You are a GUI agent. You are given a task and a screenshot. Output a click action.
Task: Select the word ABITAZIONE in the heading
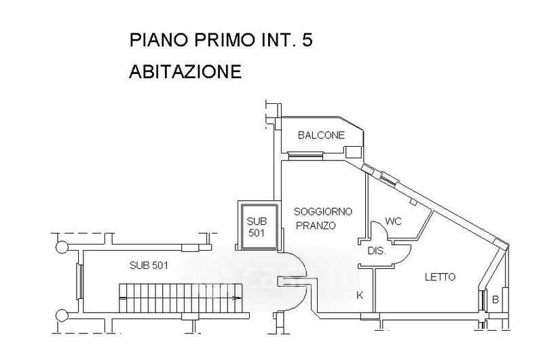click(185, 71)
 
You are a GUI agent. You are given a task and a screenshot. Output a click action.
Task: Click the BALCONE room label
click(321, 135)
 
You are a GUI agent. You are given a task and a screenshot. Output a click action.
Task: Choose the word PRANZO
click(316, 226)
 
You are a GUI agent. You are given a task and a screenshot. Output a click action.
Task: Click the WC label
click(394, 221)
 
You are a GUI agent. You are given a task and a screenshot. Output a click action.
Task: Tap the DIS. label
click(377, 251)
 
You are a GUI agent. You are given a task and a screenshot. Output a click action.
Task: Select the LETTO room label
click(440, 277)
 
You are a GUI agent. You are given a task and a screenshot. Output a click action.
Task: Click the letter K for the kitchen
click(360, 295)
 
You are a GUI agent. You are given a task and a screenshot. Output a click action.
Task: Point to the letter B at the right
click(495, 299)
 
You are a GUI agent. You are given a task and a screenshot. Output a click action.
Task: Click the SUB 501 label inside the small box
click(257, 228)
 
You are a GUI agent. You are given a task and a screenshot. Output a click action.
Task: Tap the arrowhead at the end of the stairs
click(238, 298)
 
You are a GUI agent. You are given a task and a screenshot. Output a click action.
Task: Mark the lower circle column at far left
click(61, 315)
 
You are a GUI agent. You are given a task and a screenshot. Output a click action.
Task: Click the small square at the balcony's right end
click(353, 151)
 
